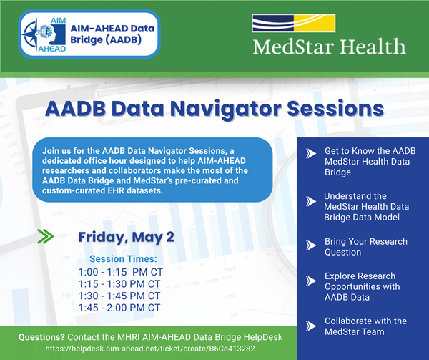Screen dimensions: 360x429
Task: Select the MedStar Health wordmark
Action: coord(329,49)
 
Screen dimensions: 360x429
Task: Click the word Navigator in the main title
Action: coord(214,109)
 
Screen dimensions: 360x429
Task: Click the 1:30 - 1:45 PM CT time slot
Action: coord(124,296)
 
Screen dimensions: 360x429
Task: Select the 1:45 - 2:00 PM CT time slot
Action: coord(124,308)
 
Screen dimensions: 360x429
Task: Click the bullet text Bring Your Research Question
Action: coord(365,246)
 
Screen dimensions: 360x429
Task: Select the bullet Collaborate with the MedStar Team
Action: coord(365,326)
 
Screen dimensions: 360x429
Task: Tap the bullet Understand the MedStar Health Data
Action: coord(365,206)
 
